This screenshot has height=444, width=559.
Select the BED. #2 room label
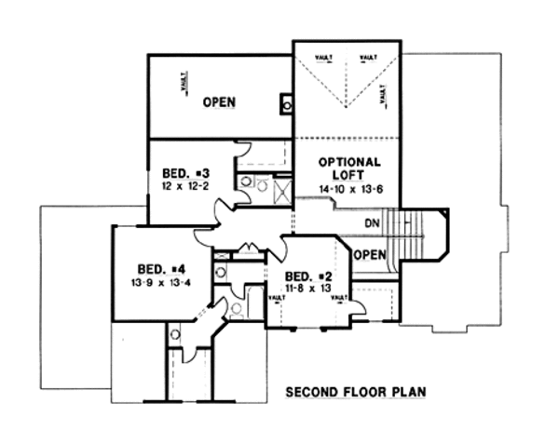point(308,276)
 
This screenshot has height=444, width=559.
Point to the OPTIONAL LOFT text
point(349,168)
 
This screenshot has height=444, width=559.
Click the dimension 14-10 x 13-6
point(349,189)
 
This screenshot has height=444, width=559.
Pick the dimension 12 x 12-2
point(183,187)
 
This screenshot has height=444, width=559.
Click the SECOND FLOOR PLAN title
point(355,392)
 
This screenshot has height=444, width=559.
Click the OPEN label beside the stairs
point(369,255)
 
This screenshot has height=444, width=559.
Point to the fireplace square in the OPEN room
point(286,103)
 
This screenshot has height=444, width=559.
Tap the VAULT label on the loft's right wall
point(383,95)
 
